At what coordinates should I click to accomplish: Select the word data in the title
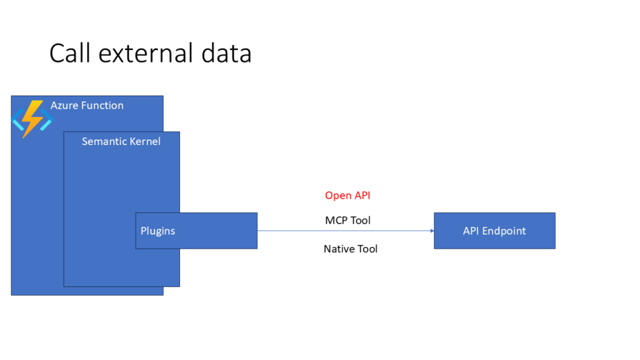[226, 54]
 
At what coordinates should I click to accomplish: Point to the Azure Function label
[87, 106]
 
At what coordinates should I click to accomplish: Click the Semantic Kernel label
[121, 141]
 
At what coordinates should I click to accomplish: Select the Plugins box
[196, 231]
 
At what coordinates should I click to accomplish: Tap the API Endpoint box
[494, 231]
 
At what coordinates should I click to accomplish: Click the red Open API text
[347, 196]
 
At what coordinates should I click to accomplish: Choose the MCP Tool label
[347, 221]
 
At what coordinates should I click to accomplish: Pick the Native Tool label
[351, 249]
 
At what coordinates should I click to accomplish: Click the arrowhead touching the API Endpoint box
[431, 231]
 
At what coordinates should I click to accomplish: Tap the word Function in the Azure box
[102, 106]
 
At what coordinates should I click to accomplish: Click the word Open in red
[338, 196]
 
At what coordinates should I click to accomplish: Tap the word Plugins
[157, 231]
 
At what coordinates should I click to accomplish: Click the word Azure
[64, 106]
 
